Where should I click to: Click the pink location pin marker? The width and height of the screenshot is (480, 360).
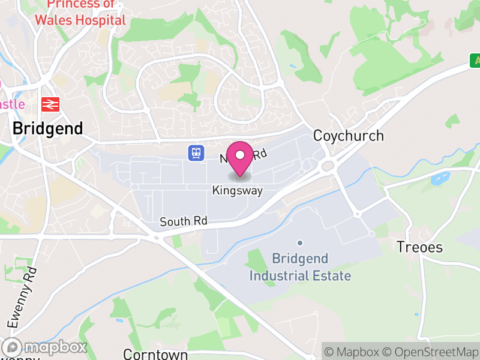point(241,156)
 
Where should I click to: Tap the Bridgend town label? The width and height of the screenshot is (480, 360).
point(47,128)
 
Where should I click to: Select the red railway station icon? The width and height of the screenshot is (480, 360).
point(49,104)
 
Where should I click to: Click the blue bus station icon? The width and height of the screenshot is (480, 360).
point(196,153)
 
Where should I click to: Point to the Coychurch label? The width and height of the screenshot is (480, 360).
point(349,136)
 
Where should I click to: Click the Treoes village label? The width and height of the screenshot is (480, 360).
point(420,247)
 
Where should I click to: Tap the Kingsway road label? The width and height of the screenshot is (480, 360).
point(238,191)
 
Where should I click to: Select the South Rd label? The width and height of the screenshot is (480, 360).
point(183,221)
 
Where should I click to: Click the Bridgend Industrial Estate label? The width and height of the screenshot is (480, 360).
point(300,268)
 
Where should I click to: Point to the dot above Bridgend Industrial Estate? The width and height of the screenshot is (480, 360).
point(300,243)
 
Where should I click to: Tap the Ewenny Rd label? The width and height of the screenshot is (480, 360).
point(23,298)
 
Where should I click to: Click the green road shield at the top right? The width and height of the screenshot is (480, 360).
point(475,60)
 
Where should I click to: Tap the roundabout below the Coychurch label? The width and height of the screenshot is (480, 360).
point(328,166)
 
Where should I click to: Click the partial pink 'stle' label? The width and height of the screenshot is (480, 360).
point(12,104)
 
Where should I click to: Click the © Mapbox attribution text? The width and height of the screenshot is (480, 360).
point(353,352)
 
